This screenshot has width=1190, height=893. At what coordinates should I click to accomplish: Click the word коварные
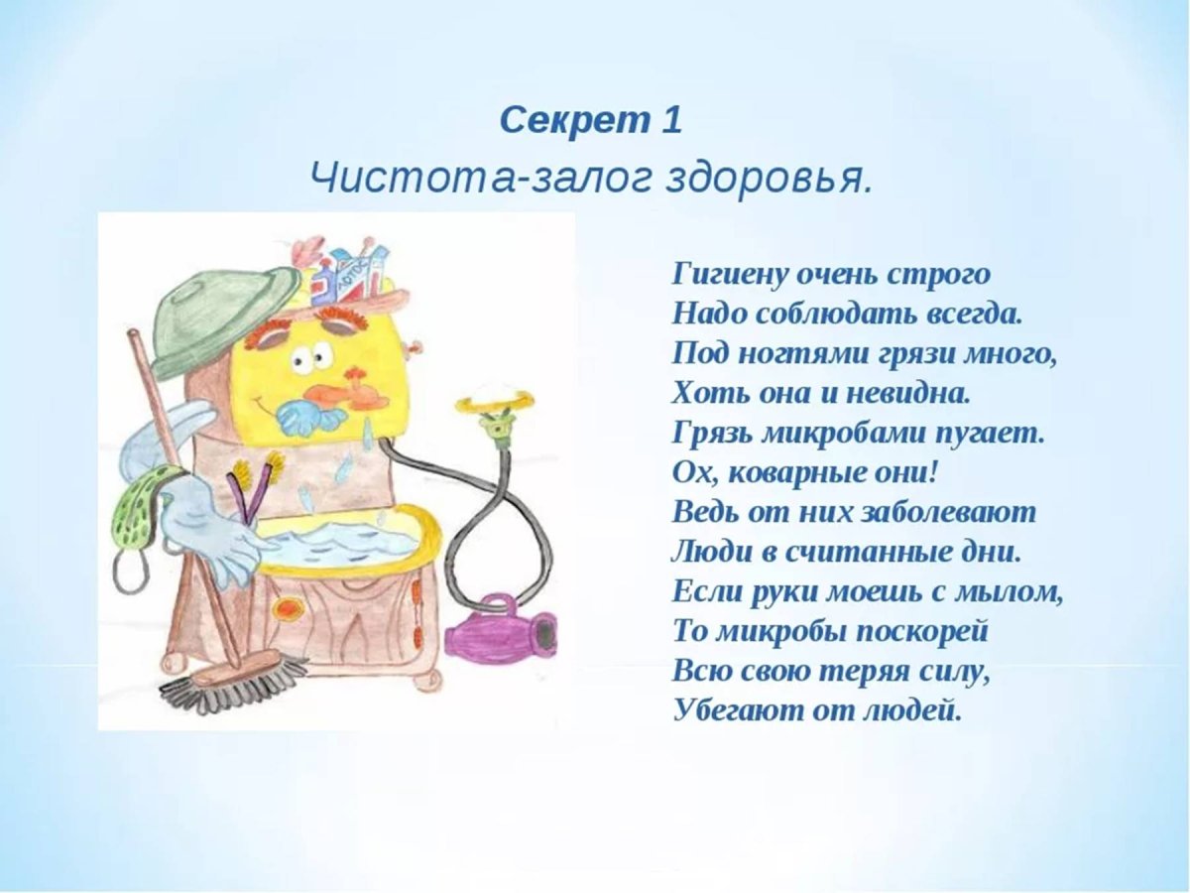803,473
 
